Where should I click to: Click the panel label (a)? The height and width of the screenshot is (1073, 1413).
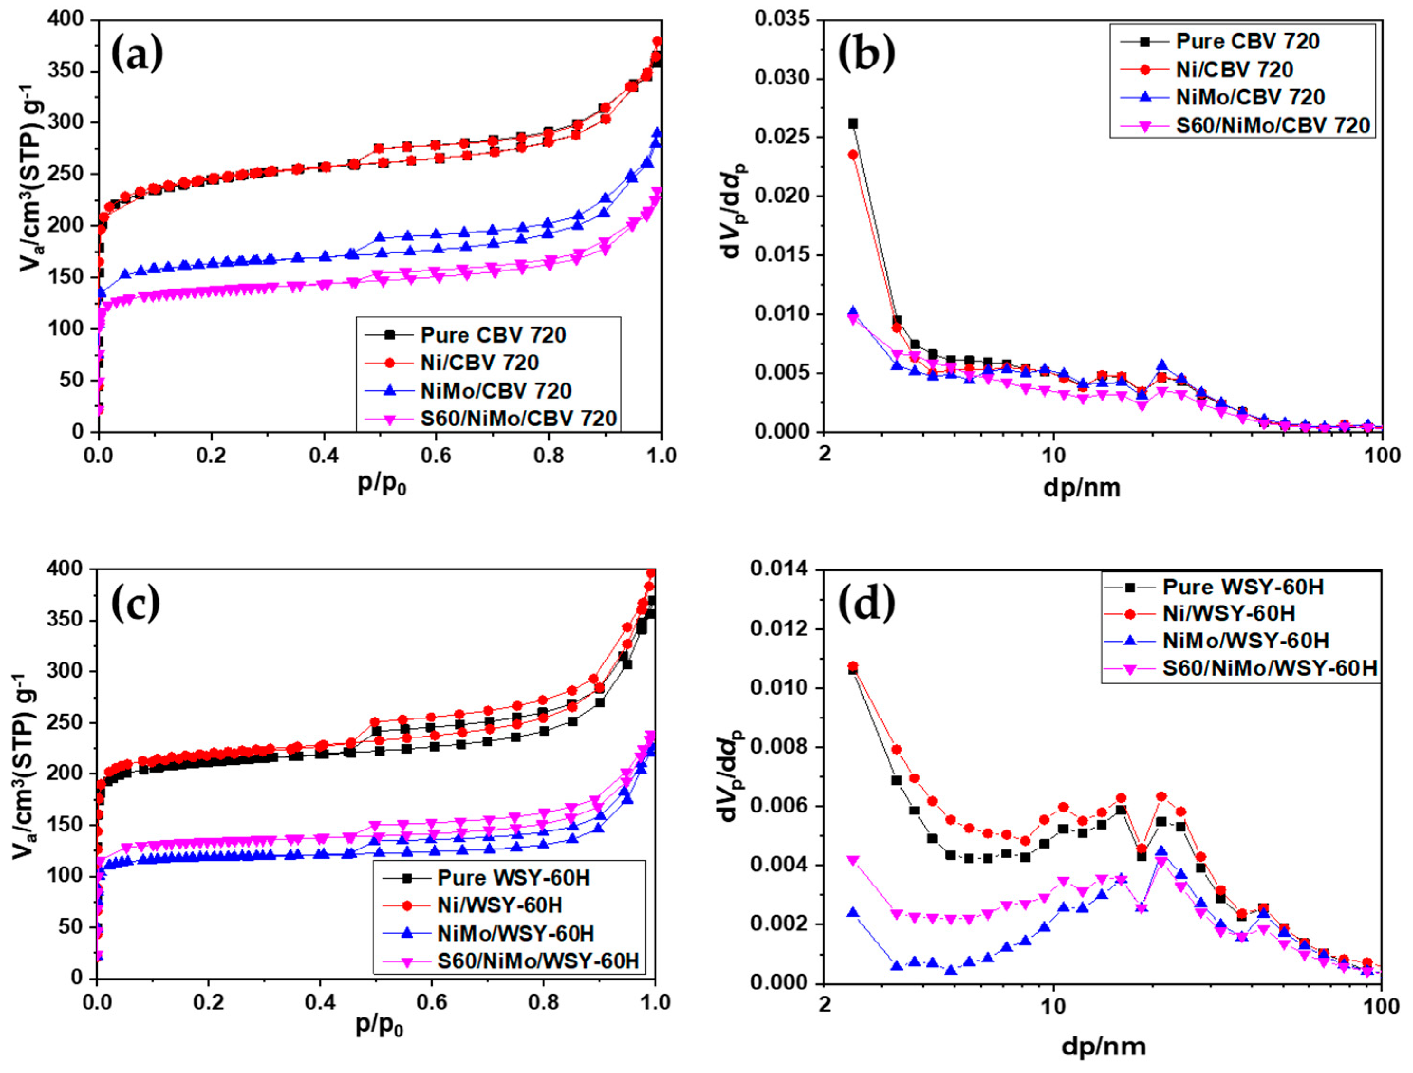click(x=137, y=54)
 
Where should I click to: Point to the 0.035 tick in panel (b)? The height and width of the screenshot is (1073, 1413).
click(x=783, y=20)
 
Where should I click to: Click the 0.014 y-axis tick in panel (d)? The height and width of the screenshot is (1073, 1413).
click(x=783, y=569)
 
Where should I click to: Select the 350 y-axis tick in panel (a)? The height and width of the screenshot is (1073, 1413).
click(x=66, y=71)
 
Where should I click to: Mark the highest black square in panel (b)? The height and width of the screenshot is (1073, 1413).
click(x=852, y=123)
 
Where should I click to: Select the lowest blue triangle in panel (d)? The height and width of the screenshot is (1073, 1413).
click(x=951, y=970)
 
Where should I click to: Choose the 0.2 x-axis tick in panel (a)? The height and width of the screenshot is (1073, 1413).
click(x=211, y=456)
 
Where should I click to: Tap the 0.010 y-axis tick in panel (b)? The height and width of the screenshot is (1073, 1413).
click(x=783, y=314)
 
